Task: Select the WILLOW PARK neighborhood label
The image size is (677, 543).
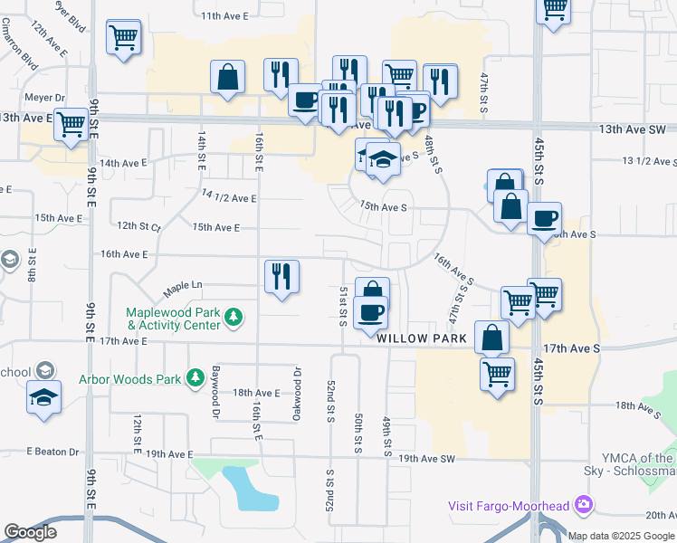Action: pos(422,338)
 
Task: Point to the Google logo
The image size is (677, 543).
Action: pos(30,532)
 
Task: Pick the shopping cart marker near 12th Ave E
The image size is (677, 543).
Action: pos(123,38)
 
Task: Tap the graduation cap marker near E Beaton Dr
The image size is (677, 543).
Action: pos(43,397)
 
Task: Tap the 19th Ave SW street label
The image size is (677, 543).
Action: pos(426,459)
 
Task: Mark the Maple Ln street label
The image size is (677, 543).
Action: pos(183,290)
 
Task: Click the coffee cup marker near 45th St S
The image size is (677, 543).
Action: pos(544,218)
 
